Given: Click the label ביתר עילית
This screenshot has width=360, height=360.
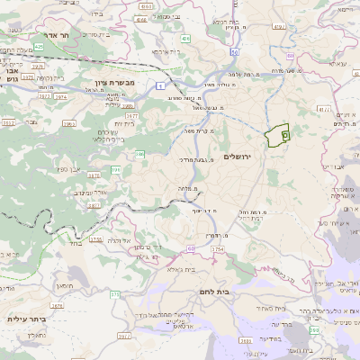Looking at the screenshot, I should coord(27,319).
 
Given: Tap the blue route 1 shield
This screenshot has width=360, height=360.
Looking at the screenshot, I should coord(159,85).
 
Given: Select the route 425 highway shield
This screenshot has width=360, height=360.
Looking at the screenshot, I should coord(37,45).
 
